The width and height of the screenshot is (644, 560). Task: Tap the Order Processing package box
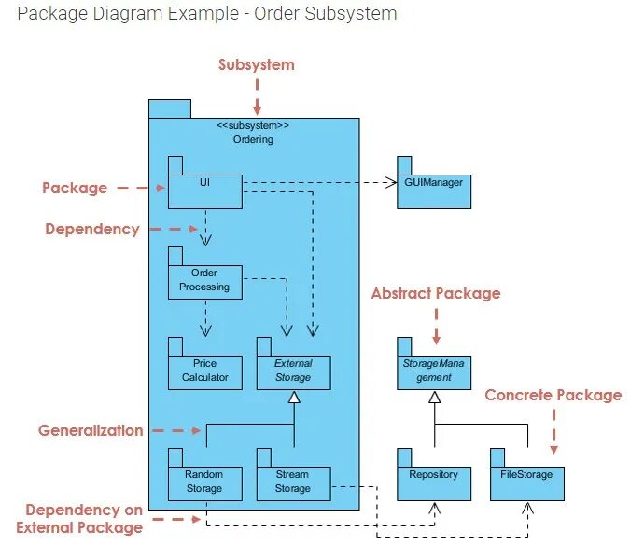204,281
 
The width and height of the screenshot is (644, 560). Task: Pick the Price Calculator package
204,371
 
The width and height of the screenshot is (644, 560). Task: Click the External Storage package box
293,371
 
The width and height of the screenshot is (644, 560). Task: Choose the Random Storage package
204,482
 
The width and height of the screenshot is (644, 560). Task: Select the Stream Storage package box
293,482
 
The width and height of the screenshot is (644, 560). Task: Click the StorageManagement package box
434,371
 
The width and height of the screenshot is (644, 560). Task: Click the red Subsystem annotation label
257,65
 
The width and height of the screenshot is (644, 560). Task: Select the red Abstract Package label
436,293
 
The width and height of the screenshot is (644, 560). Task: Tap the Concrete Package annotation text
553,395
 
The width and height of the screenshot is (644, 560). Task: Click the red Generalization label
91,430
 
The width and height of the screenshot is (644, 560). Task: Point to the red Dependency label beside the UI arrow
92,229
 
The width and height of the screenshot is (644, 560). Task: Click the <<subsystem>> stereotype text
253,125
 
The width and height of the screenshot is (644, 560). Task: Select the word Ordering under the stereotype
253,139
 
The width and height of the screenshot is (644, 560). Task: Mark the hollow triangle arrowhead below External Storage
294,399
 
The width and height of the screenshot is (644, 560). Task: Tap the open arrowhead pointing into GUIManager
391,183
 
